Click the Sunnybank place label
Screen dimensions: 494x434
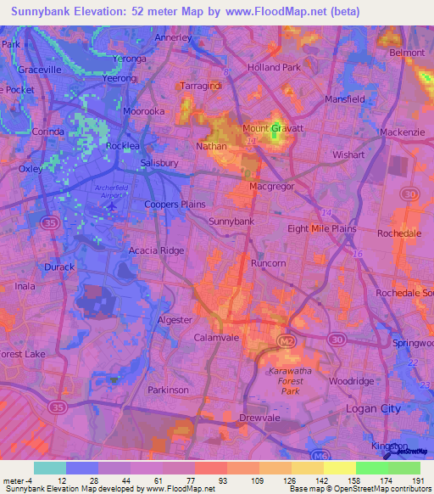tap(231, 222)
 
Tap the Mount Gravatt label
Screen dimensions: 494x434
tap(273, 128)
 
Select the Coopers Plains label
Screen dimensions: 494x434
tap(175, 205)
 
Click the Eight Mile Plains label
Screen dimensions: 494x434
tap(321, 229)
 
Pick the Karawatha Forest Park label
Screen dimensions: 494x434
tap(290, 382)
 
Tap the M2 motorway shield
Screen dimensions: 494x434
tap(286, 340)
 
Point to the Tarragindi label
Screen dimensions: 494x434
tap(201, 86)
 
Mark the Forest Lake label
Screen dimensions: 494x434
tap(23, 354)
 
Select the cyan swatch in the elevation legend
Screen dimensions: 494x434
tap(50, 468)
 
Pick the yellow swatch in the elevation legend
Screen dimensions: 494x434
tap(340, 468)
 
